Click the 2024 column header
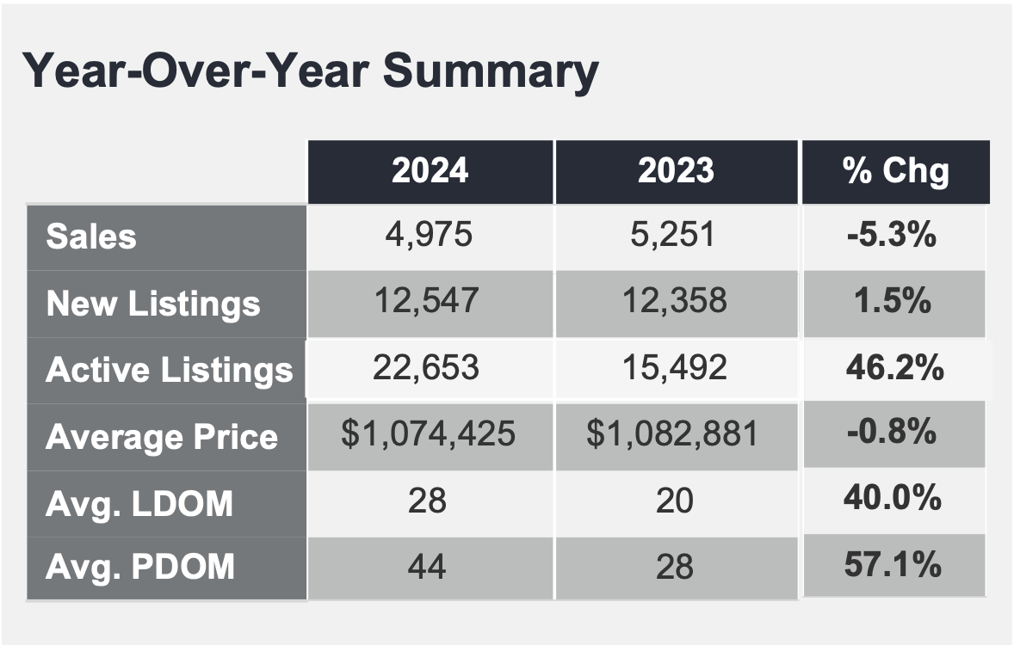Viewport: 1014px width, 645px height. pos(430,170)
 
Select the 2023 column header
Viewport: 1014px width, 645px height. pos(676,170)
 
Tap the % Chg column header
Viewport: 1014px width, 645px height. pos(896,170)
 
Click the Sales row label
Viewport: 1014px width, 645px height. pos(91,236)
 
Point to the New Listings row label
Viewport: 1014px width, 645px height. pos(153,304)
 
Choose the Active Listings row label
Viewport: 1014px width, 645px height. pos(170,371)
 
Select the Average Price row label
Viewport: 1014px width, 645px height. pos(162,437)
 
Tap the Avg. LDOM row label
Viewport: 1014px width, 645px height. pos(139,503)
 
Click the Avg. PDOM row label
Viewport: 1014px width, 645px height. pos(140,567)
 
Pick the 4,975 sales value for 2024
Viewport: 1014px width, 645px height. pos(429,234)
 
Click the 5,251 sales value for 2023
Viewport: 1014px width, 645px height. pos(673,234)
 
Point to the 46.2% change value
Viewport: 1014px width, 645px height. pos(895,368)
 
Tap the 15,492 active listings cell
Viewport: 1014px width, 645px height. pos(675,368)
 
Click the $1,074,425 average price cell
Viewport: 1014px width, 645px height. pos(428,433)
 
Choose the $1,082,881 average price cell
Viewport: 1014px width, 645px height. pos(672,433)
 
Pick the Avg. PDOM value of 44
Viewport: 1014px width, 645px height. pos(427,567)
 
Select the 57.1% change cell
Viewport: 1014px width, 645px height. pos(893,564)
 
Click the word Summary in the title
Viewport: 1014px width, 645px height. pos(491,71)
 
